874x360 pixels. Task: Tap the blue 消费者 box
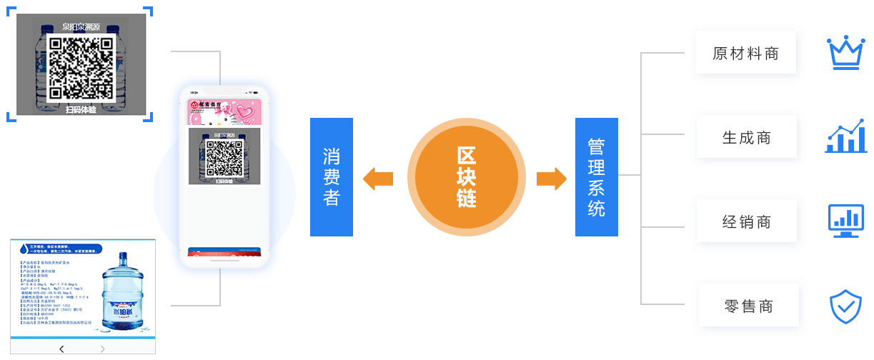point(332,177)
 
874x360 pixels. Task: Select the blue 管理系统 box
point(596,177)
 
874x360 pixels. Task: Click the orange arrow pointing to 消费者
point(377,178)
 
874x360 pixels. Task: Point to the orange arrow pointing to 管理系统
point(551,178)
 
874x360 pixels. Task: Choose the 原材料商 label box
point(745,53)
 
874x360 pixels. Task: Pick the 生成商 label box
point(746,137)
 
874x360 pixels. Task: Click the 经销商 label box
point(746,221)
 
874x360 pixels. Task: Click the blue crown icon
point(845,53)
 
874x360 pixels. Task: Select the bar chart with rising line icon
point(845,136)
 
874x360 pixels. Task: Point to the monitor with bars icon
point(845,221)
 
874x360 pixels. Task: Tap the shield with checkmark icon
point(845,306)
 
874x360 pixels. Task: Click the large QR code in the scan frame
point(81,66)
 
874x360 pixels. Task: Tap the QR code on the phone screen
point(224,158)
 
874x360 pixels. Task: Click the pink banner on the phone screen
point(224,111)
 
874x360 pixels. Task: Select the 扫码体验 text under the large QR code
point(81,109)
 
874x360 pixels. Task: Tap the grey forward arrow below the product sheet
point(102,349)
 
